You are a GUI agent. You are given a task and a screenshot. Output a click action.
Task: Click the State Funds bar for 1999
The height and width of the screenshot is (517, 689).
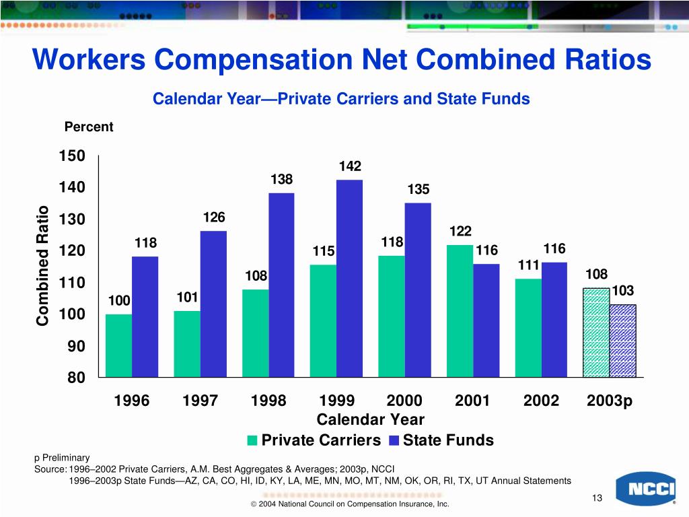349,278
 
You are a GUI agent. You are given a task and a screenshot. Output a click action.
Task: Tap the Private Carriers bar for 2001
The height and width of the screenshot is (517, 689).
460,310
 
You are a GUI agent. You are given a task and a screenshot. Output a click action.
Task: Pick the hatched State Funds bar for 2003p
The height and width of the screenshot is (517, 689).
622,341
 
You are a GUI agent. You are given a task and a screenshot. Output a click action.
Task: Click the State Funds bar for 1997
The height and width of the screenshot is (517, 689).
213,304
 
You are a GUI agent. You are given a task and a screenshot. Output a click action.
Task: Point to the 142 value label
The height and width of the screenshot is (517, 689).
351,166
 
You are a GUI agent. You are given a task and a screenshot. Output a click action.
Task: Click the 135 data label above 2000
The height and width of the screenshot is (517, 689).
419,189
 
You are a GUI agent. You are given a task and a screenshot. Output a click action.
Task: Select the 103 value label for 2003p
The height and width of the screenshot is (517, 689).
623,291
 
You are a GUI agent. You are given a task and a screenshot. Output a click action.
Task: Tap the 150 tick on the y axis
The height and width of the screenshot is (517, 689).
72,156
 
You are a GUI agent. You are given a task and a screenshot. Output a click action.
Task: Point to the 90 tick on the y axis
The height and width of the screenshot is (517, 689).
75,346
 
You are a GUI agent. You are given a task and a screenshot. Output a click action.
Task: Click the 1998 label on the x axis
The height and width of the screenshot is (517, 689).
268,401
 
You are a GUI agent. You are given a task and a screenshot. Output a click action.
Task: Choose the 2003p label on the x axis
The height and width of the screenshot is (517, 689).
610,401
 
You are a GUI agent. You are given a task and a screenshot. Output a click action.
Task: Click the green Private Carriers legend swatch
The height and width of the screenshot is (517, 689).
253,441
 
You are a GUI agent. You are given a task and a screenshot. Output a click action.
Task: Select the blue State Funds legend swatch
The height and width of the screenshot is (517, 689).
394,441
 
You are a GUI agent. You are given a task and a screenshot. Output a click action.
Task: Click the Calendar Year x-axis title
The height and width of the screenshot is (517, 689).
370,420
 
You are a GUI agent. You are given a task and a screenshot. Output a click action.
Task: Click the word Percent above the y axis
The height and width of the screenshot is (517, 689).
89,127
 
